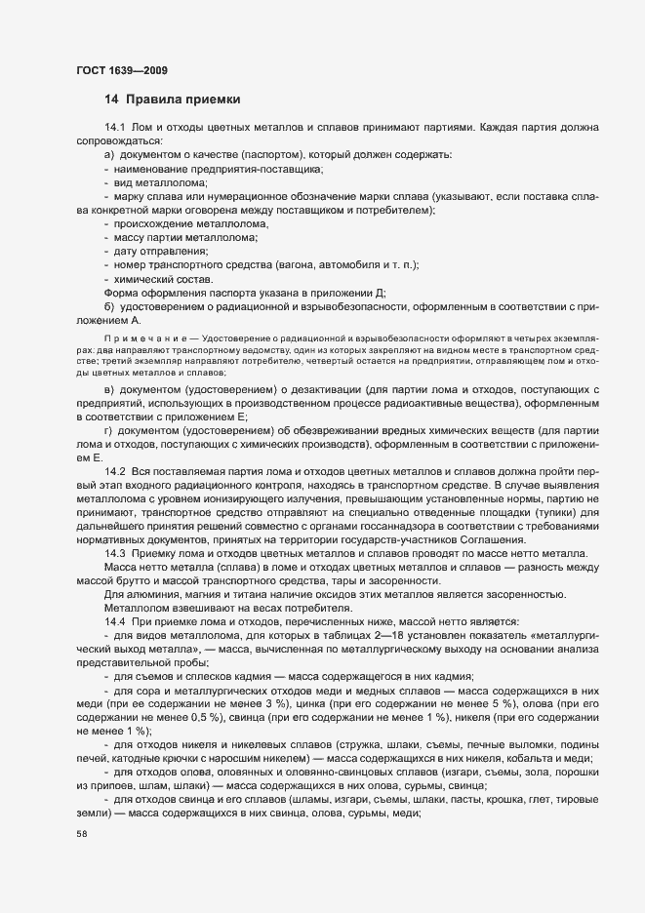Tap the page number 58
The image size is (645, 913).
click(x=81, y=834)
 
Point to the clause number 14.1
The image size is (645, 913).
click(x=115, y=128)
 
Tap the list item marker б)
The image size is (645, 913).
click(x=109, y=306)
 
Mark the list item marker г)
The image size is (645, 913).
click(x=108, y=430)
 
